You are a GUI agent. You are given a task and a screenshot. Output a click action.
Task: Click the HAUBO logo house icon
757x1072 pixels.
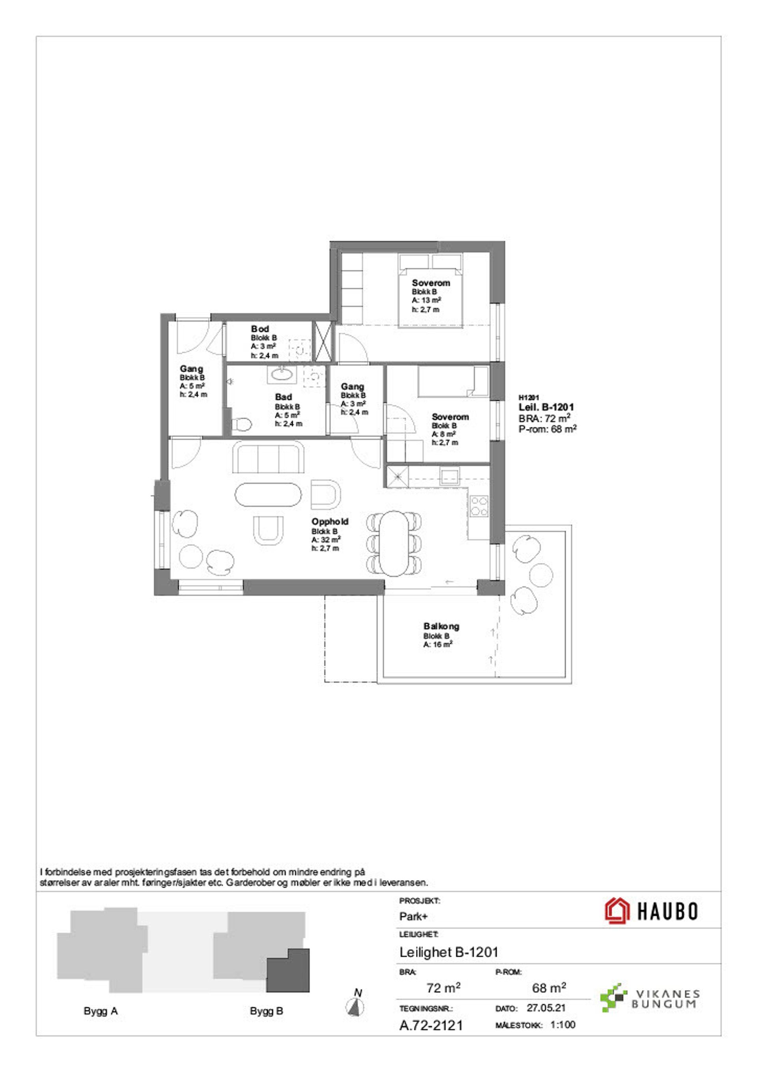point(617,911)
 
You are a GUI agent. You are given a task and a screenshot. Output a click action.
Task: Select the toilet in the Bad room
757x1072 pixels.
point(241,425)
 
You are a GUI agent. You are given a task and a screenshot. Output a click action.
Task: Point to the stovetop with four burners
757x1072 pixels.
point(479,506)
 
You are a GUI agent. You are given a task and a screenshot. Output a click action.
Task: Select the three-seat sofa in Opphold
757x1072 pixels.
point(268,459)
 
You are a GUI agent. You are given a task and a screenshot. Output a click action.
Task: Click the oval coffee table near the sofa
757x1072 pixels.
point(268,495)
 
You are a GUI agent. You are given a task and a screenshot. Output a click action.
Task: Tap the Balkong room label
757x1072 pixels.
point(441,626)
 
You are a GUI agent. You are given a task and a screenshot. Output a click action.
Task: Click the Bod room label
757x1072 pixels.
point(260,329)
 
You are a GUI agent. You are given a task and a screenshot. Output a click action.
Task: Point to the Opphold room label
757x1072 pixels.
point(330,521)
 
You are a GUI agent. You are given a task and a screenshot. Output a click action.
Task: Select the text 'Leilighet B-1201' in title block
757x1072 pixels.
point(449,952)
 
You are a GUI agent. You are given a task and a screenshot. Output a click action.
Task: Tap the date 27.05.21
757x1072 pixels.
point(546,1008)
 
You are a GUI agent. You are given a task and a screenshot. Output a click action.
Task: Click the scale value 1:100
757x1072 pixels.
point(563,1025)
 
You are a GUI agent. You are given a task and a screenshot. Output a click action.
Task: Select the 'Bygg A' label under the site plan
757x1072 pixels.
point(101,1011)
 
